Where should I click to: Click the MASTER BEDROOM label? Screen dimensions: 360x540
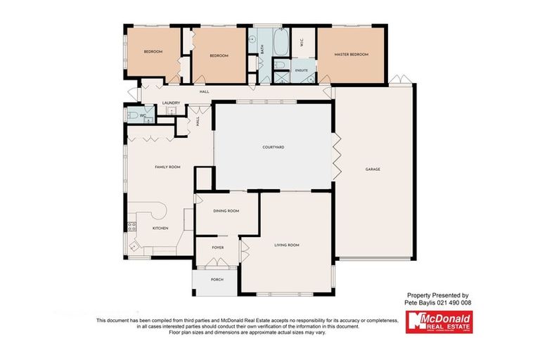coord(351,54)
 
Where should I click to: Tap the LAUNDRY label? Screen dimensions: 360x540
coord(171,103)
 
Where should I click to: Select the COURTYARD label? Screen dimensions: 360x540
coord(273,146)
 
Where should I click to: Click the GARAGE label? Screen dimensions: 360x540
coord(373,169)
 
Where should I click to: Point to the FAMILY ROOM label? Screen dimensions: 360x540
coord(168,167)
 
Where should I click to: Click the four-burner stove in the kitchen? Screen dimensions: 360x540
coord(131,226)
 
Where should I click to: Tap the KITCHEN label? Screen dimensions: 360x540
coord(161,229)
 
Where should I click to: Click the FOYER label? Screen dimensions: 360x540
coord(217,247)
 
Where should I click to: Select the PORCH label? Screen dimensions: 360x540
coord(217,279)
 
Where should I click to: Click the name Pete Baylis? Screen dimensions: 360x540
coord(420,302)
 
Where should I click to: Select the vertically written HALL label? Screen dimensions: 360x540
coord(187,121)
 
